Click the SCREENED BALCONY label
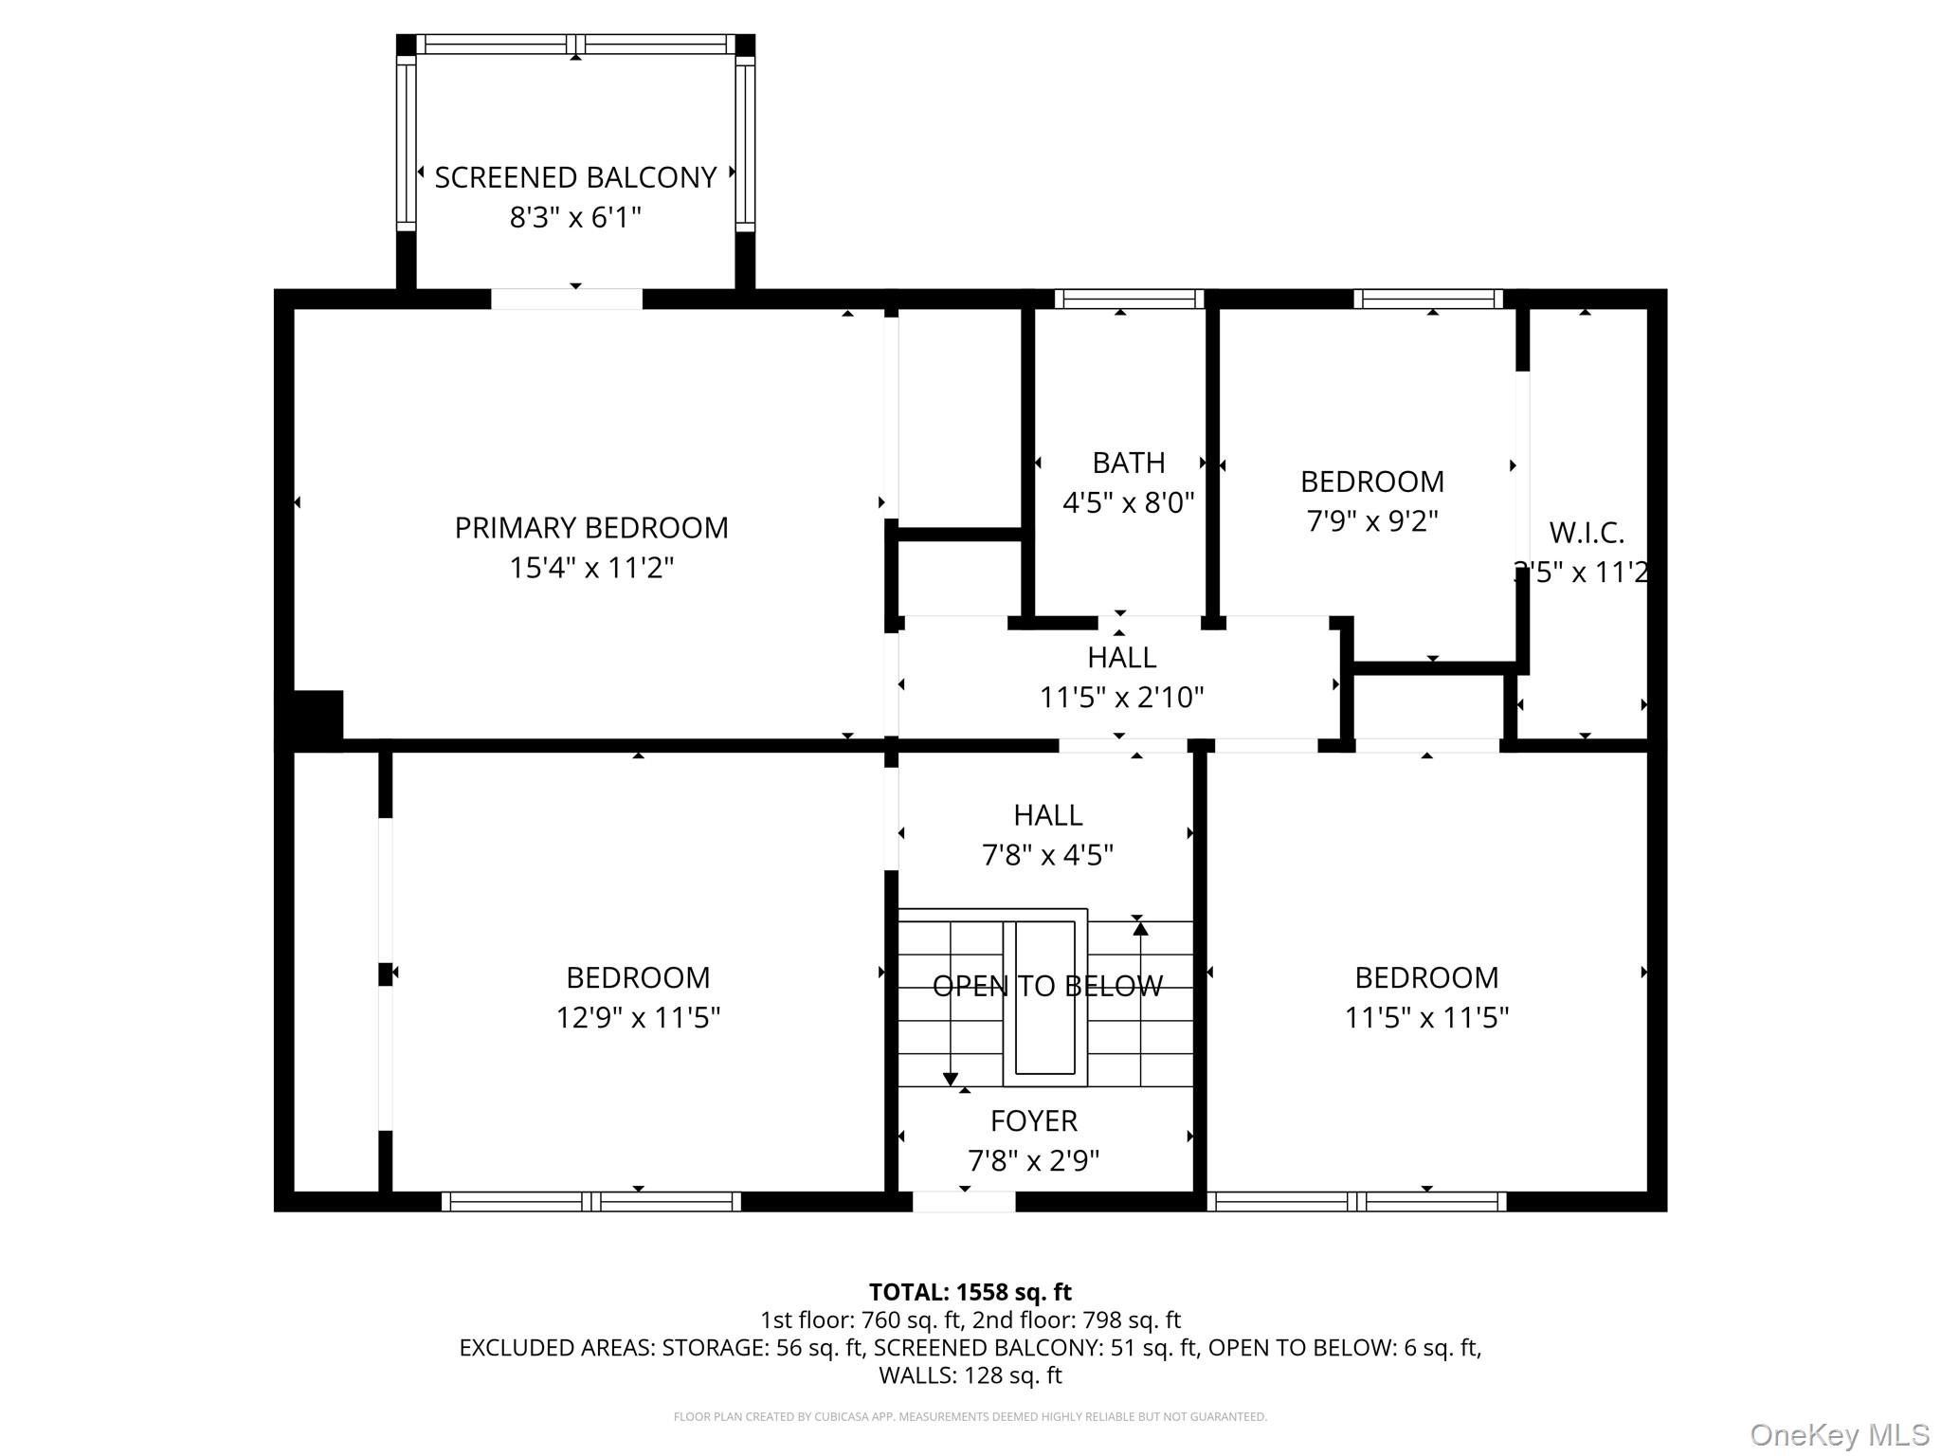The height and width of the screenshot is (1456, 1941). click(x=575, y=178)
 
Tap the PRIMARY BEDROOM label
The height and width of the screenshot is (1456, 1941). click(x=591, y=528)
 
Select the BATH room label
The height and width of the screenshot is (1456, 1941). click(x=1128, y=463)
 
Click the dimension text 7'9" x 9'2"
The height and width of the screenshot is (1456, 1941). click(x=1372, y=521)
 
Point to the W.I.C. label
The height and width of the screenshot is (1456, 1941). click(x=1587, y=533)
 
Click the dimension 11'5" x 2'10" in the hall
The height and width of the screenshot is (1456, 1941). click(x=1121, y=698)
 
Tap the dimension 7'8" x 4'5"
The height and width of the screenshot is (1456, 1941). click(x=1047, y=855)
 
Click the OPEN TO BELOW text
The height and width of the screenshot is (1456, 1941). click(x=1047, y=987)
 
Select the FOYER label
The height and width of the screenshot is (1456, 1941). click(x=1033, y=1121)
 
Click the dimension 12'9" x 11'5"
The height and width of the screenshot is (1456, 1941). click(x=638, y=1018)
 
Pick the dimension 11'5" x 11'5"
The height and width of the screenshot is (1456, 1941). click(x=1426, y=1018)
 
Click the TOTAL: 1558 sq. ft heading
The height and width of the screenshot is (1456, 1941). click(x=970, y=1292)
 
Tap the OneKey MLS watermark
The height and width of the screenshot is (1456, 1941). click(x=1839, y=1435)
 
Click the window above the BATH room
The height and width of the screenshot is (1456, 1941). click(x=1128, y=300)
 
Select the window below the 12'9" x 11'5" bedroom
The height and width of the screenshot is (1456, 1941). click(x=591, y=1202)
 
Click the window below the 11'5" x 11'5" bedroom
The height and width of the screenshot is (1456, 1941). click(x=1356, y=1202)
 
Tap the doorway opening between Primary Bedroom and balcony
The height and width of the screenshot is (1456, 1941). click(x=567, y=299)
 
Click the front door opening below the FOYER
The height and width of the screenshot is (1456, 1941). click(x=964, y=1202)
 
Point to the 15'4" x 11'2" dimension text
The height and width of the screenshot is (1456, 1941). click(x=591, y=568)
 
